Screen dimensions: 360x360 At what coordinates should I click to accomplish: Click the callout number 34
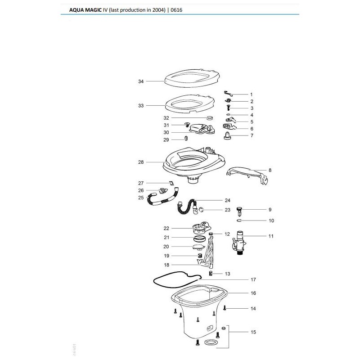[141, 81]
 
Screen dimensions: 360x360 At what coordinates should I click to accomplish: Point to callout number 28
[141, 162]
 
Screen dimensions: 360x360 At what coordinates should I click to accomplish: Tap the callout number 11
[271, 236]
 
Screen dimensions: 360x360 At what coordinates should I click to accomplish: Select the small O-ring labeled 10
[240, 220]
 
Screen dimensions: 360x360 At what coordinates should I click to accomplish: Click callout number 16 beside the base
[253, 293]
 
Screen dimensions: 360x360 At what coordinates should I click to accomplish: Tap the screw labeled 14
[225, 308]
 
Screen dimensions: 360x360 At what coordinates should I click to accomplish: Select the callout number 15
[253, 332]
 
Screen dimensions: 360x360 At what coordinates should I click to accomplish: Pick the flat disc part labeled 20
[197, 246]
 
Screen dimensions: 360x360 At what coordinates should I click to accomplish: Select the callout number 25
[141, 198]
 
